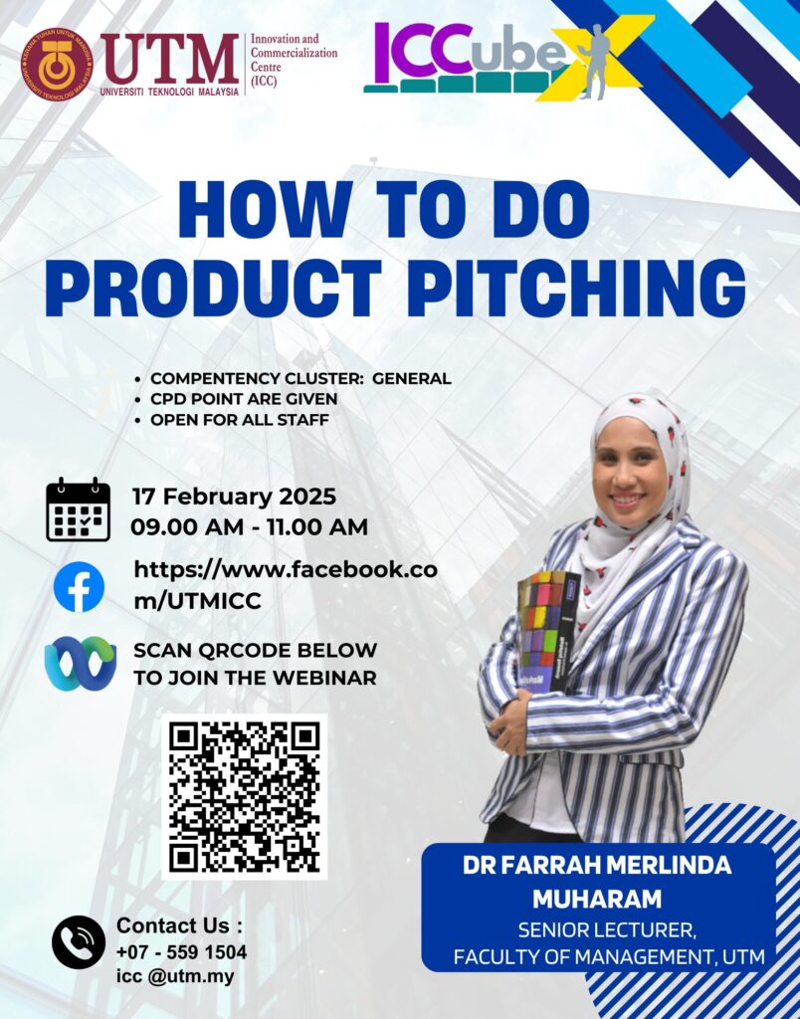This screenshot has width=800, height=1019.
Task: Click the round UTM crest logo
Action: point(57,65)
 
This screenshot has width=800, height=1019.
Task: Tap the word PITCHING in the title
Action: point(576,288)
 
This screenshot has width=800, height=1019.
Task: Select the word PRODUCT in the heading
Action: point(213,288)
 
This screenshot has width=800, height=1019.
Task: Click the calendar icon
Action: point(78,509)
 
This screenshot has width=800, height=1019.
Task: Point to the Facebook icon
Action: point(79,587)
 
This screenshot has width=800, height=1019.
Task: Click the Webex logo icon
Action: point(80,663)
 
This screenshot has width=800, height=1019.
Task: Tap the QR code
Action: point(245,797)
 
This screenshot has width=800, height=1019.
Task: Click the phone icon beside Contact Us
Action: point(78,941)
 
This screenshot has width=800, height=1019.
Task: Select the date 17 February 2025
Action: point(234,497)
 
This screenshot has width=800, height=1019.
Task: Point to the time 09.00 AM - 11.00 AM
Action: point(249,526)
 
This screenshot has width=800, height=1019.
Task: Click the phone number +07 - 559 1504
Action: point(181,952)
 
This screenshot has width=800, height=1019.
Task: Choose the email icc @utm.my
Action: point(175,976)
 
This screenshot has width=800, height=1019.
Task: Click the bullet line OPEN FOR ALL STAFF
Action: point(239,420)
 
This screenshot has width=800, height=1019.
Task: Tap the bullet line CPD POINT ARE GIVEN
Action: point(244,399)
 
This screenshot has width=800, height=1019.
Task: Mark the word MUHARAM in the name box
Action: point(597,899)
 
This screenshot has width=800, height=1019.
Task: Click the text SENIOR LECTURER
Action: point(607,930)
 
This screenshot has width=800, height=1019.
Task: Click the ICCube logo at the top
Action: point(506,60)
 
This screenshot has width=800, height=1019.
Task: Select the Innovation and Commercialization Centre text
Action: point(294,61)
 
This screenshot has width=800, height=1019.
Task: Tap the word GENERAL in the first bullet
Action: point(411,378)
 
